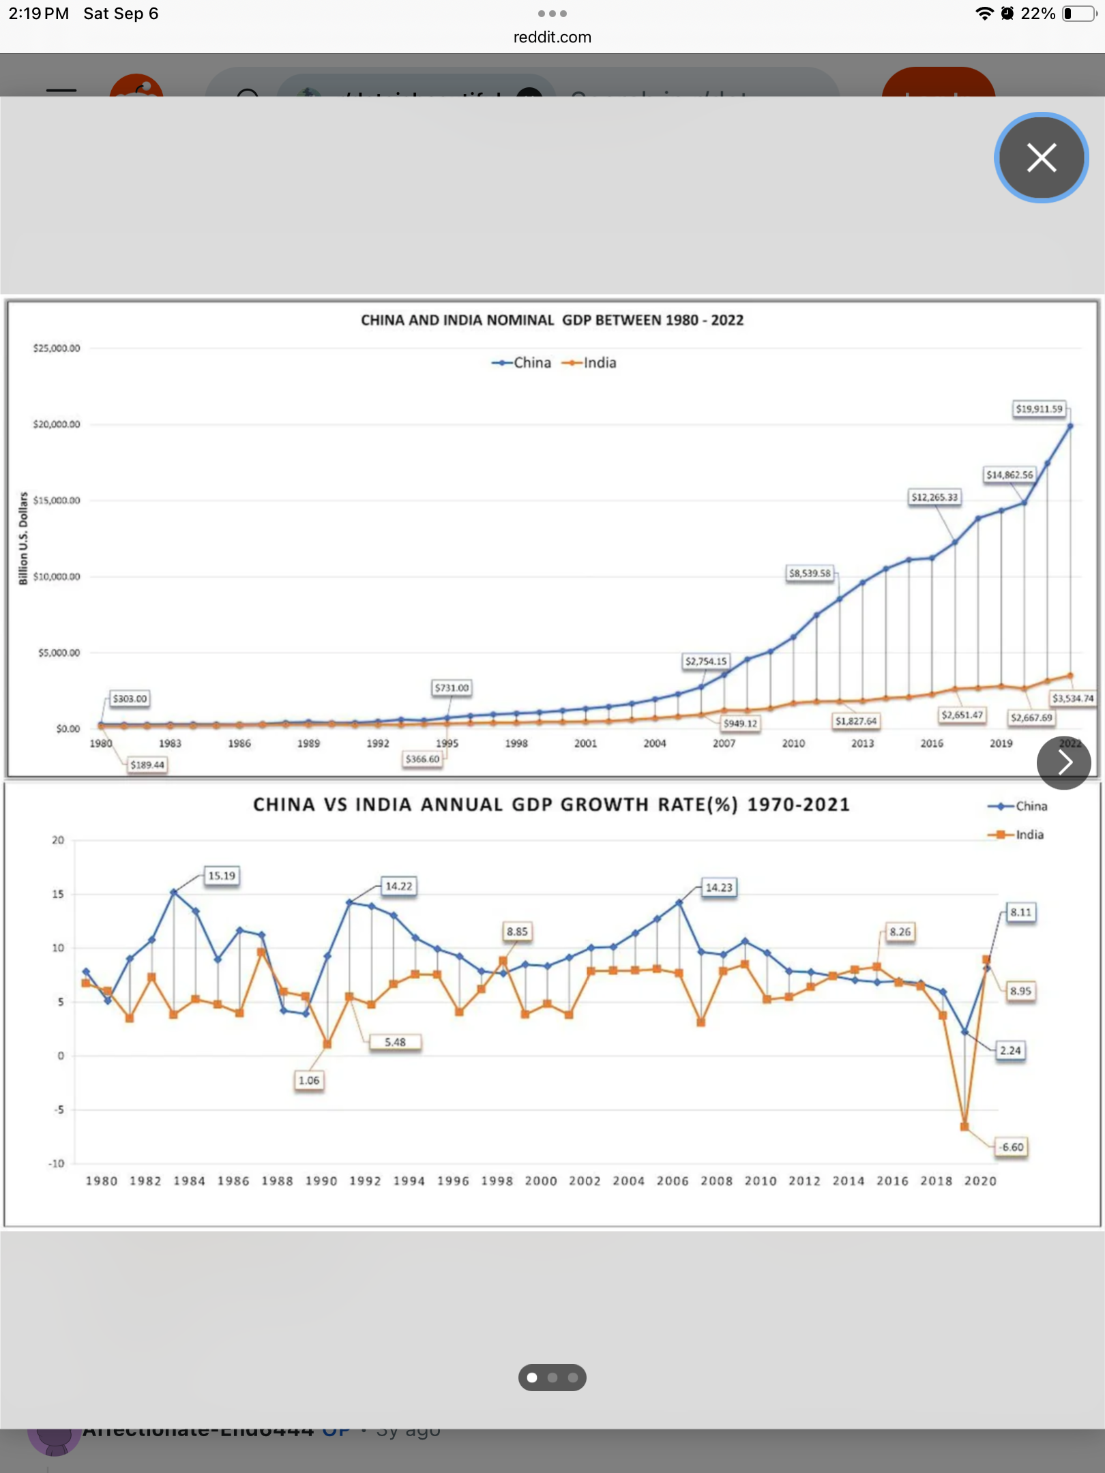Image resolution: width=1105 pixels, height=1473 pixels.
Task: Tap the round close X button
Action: pos(1041,158)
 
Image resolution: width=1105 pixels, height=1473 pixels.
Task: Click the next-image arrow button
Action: pos(1063,762)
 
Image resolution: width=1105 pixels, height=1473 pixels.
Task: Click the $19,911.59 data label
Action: pos(1039,409)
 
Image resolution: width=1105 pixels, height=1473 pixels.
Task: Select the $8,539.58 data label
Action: pos(810,574)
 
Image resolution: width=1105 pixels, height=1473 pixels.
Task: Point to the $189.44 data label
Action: pos(147,765)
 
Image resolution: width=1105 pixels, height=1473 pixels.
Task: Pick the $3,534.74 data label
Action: pos(1072,698)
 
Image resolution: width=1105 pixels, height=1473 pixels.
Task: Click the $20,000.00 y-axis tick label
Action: pos(57,424)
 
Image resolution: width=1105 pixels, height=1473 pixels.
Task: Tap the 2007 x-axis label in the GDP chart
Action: pos(724,743)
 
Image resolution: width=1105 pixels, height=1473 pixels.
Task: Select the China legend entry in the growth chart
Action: pos(1018,806)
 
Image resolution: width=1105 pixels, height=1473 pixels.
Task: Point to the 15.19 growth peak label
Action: pos(222,876)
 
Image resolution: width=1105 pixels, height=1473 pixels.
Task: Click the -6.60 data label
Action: pos(1012,1147)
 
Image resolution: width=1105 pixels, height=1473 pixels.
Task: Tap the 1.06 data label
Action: pos(309,1080)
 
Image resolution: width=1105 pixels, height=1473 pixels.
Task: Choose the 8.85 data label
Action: pos(517,932)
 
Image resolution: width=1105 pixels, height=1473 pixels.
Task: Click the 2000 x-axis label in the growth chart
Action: pos(541,1181)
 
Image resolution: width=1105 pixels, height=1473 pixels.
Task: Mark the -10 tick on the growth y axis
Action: pos(57,1163)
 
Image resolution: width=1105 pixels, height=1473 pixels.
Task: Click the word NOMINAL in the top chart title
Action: pos(521,321)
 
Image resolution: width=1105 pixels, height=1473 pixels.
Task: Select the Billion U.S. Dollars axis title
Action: pos(24,539)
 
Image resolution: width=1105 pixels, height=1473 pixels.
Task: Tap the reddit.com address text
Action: pos(552,38)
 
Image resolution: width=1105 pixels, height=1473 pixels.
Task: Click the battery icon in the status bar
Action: pos(1078,14)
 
